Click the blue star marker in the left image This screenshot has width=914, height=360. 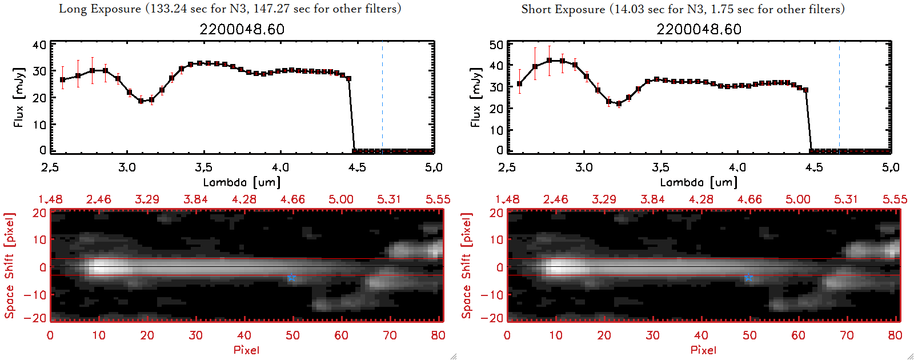tap(291, 278)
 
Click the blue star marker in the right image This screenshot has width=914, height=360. tap(748, 278)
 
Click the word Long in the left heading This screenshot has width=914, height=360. tap(72, 9)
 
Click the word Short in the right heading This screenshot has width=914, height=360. tap(535, 9)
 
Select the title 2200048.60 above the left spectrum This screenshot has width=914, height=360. tap(242, 29)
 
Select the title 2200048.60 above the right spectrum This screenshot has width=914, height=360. tap(699, 29)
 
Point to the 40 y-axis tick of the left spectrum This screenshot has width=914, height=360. tap(39, 45)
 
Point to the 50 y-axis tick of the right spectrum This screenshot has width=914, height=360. tap(496, 45)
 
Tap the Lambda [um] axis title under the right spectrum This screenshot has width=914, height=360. tap(699, 182)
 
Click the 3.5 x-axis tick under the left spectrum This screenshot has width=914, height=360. tap(203, 167)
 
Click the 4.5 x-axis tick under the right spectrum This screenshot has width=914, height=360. tap(814, 167)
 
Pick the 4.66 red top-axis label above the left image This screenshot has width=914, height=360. tap(292, 199)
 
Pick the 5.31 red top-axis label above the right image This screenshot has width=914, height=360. tap(846, 199)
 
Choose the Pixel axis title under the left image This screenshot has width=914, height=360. tap(246, 350)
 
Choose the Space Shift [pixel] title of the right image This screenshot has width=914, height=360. tap(467, 266)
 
